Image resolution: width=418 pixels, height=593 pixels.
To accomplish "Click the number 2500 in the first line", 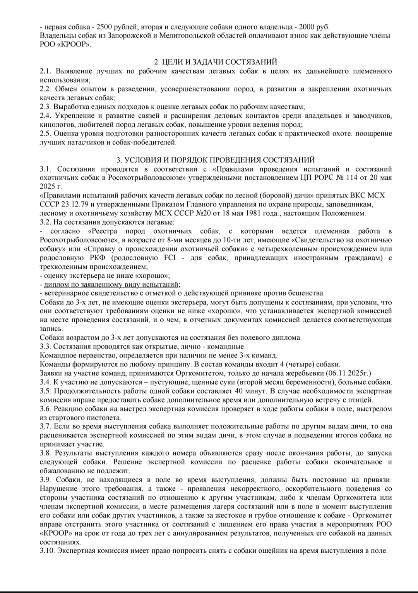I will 104,27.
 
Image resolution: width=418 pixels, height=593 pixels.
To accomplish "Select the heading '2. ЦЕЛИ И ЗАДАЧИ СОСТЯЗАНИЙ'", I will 216,62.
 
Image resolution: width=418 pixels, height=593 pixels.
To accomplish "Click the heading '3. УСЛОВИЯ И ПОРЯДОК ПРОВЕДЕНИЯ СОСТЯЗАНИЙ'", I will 216,160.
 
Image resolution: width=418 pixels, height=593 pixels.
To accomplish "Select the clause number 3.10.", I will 47,551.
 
